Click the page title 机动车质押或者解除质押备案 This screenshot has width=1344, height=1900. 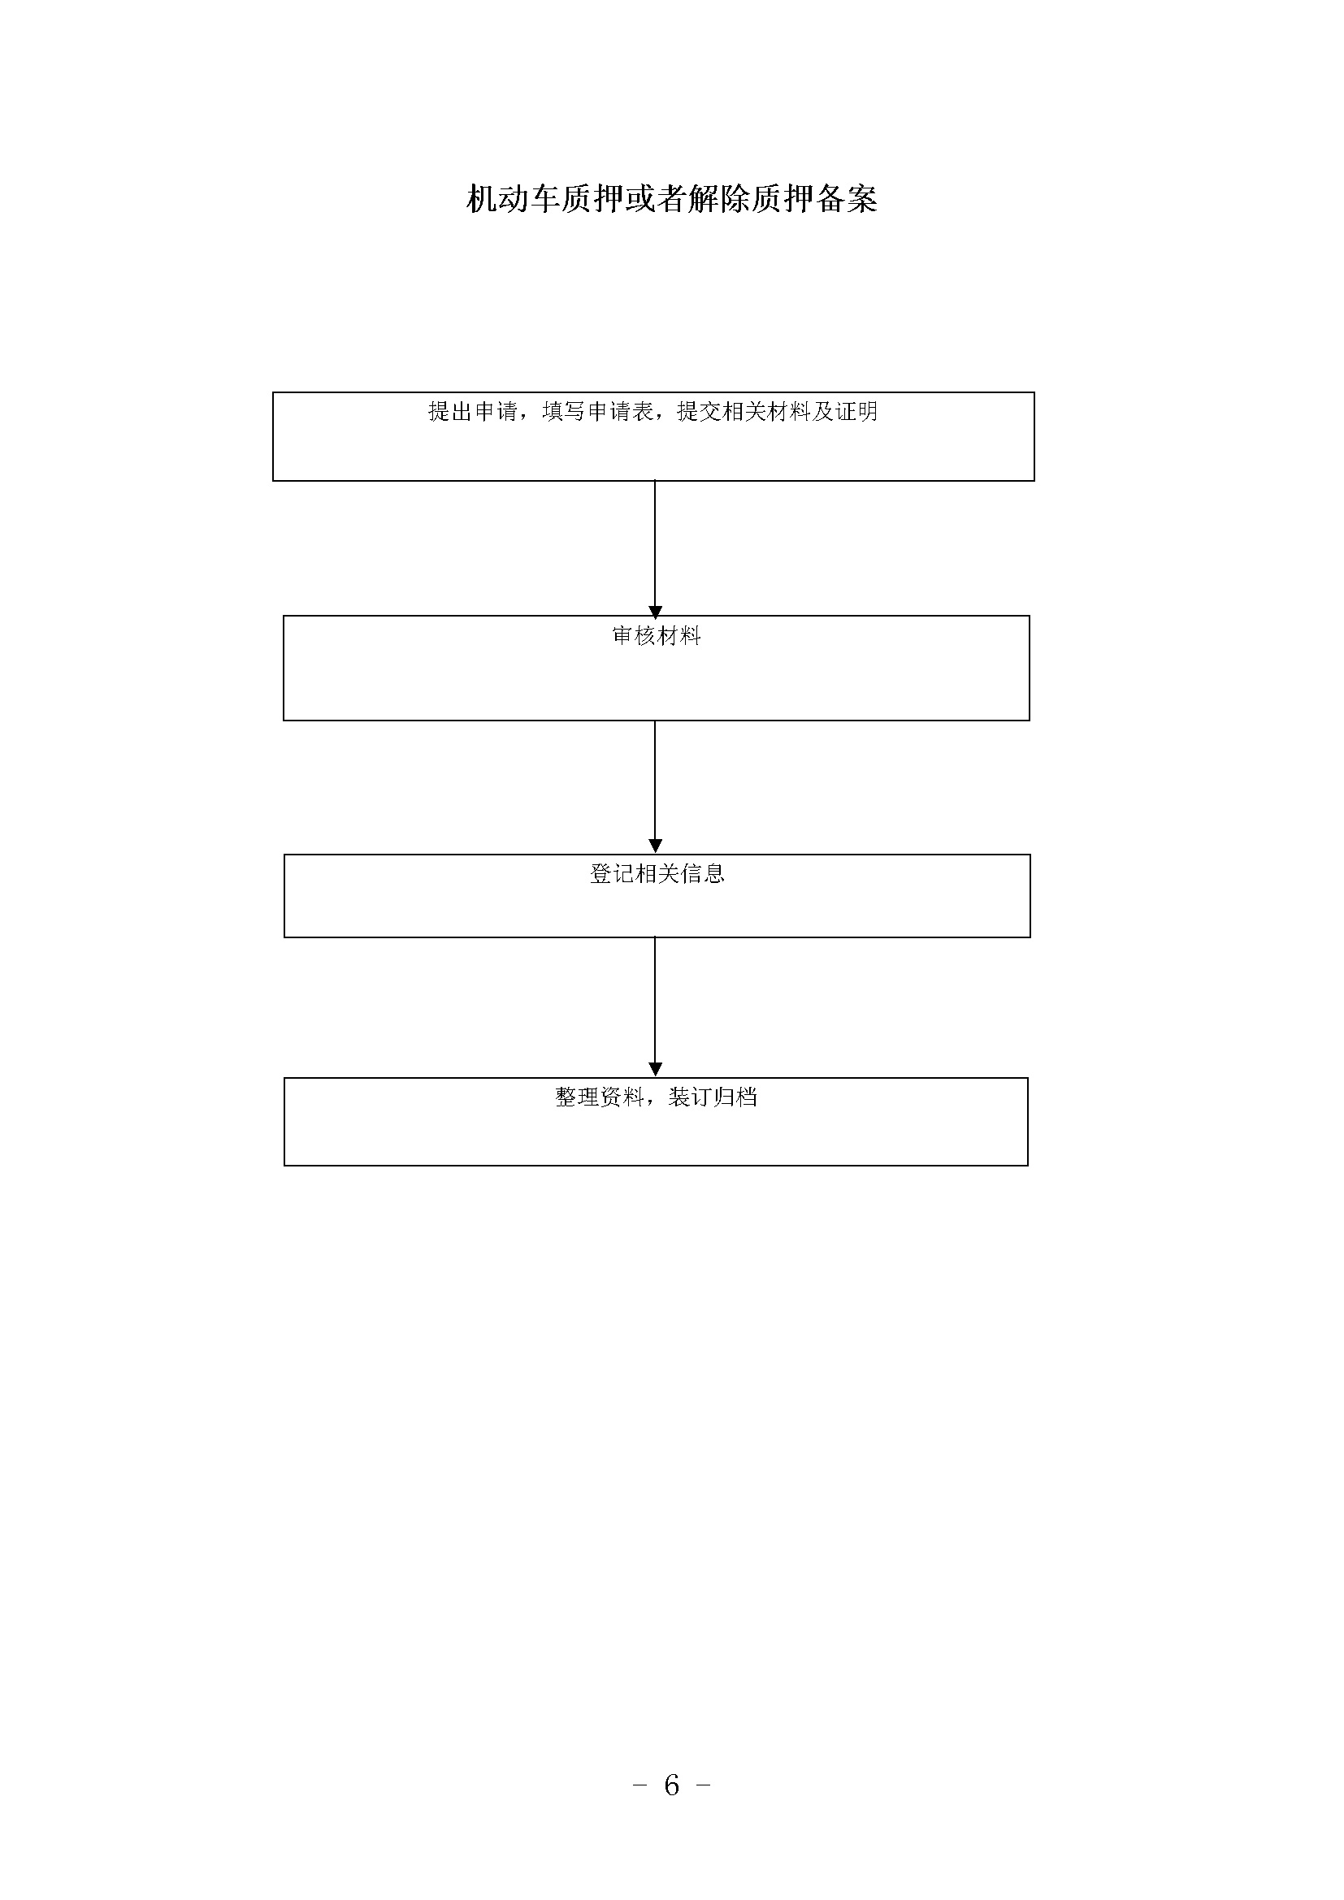tap(671, 198)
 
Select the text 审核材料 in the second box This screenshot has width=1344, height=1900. tap(657, 635)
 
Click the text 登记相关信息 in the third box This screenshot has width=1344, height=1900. tap(657, 874)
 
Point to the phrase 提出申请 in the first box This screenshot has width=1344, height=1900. tap(473, 411)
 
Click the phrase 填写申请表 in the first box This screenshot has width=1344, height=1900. tap(597, 411)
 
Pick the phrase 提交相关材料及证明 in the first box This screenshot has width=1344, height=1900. tap(778, 411)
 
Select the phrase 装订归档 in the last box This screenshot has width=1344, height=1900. tap(713, 1097)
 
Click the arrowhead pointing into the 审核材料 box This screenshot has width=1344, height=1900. tap(656, 612)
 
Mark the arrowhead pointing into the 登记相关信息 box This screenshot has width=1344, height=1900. tap(656, 846)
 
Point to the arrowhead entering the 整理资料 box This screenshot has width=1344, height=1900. tap(656, 1070)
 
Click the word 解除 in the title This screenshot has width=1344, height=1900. tap(719, 198)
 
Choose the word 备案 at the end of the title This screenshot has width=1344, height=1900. tap(847, 198)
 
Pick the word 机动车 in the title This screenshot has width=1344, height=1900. tap(513, 198)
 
